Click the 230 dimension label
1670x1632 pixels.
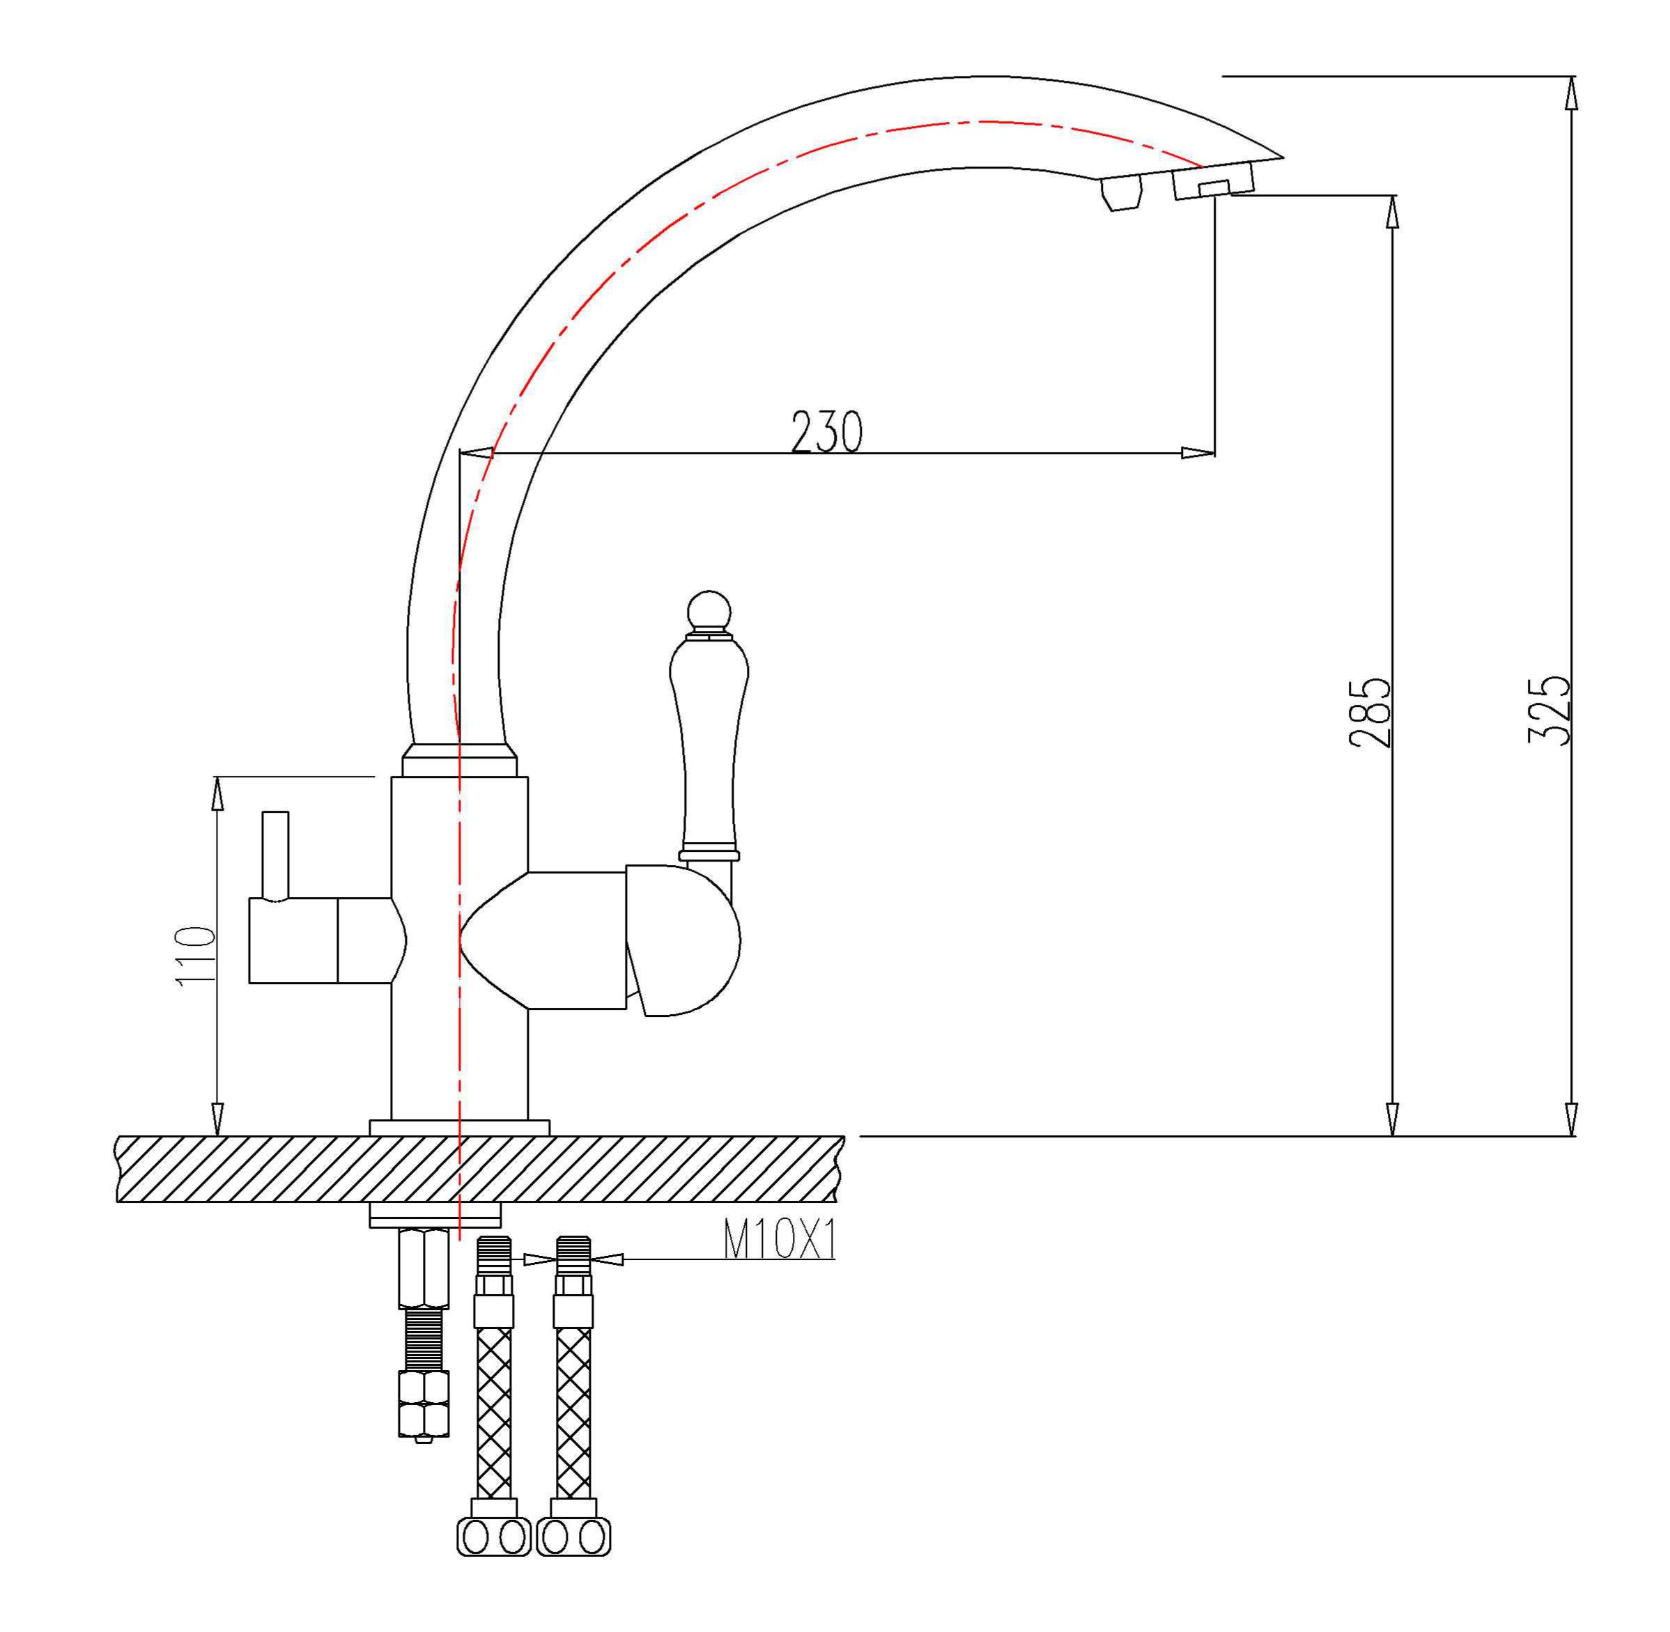point(826,432)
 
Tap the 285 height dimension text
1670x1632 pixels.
point(1370,713)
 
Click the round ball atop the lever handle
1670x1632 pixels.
point(710,611)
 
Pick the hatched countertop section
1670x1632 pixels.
point(480,1169)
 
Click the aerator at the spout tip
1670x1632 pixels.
point(1213,181)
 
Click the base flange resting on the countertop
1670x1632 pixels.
point(458,1128)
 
